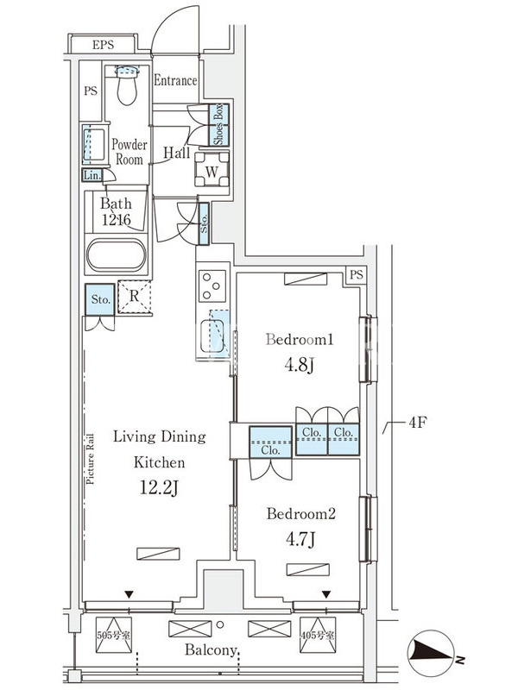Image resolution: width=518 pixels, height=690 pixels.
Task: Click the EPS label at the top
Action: [x=103, y=45]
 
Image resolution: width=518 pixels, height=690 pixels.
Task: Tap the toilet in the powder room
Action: [x=127, y=85]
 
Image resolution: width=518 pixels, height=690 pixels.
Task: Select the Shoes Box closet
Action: [x=218, y=125]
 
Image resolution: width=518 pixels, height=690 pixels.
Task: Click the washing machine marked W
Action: [x=212, y=169]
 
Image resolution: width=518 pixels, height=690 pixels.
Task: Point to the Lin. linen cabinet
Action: [x=92, y=175]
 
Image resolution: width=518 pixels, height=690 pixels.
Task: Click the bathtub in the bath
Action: [x=117, y=255]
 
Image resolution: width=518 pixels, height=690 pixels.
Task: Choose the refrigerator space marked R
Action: [x=135, y=297]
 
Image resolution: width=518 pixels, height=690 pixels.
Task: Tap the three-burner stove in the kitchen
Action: [x=212, y=285]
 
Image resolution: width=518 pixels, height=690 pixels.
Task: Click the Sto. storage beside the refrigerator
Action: [x=100, y=299]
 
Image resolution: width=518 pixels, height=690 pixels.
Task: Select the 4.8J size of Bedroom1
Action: [x=299, y=365]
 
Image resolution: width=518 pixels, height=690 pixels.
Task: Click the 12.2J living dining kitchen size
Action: [x=159, y=487]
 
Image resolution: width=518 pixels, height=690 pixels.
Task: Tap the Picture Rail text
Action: [x=91, y=459]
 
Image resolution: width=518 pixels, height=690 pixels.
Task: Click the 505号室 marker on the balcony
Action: [x=114, y=635]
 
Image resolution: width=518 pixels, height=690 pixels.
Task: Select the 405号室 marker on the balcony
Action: [x=318, y=635]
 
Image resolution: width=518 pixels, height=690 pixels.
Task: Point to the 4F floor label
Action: [x=418, y=423]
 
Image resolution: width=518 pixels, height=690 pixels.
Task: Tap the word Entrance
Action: [x=175, y=80]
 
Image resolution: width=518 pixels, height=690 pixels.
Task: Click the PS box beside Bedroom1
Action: [x=357, y=275]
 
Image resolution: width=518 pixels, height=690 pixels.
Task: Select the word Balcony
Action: [x=212, y=650]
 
